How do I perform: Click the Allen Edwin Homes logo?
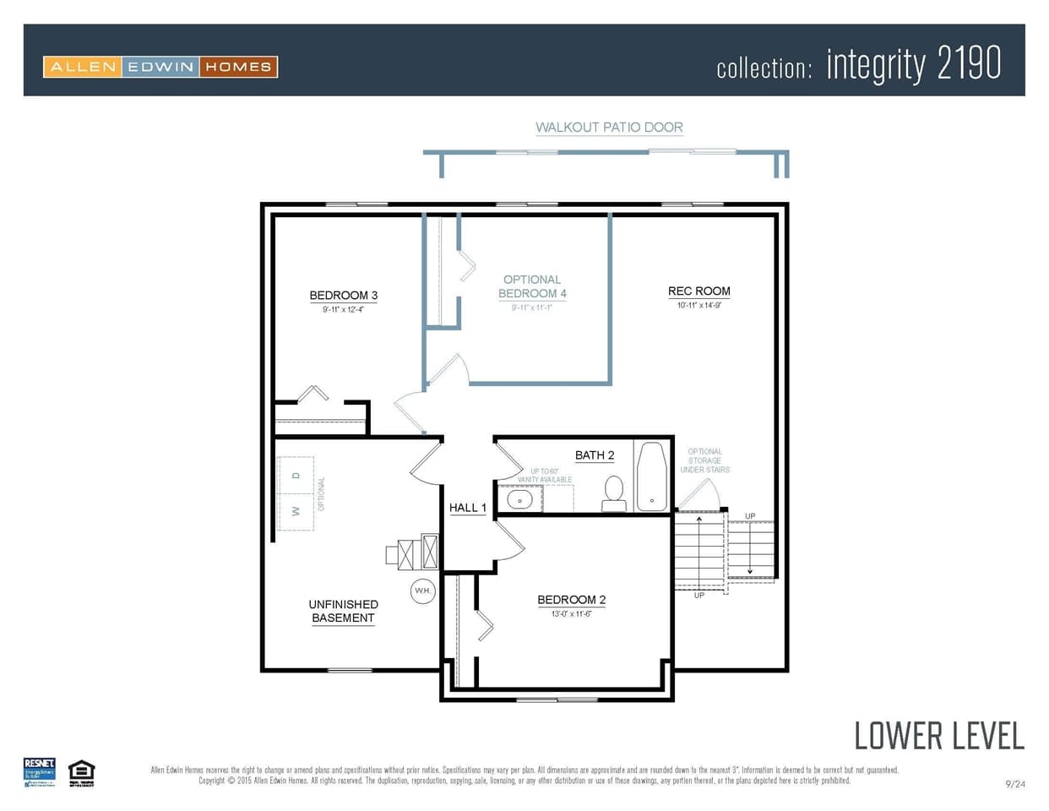point(160,67)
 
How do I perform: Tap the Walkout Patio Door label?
point(609,128)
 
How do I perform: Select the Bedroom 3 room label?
point(343,296)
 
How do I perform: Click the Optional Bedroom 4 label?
point(532,286)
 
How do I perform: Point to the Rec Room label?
point(698,291)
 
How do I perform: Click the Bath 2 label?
point(595,455)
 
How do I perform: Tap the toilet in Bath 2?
point(614,493)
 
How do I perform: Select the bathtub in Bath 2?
point(651,476)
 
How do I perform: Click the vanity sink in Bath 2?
point(519,499)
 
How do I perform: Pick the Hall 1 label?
point(467,508)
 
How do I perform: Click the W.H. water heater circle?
point(423,591)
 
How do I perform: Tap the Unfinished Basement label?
point(343,611)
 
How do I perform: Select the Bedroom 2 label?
point(571,600)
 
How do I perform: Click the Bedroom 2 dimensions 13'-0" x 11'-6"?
point(571,614)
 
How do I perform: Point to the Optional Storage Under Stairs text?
point(704,460)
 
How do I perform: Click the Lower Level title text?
point(938,736)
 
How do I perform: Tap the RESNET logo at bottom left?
point(40,772)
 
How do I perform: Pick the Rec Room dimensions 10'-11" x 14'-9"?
point(698,306)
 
